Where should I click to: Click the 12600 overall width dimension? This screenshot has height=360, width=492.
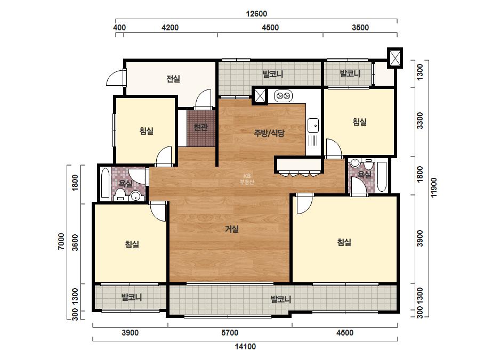256,14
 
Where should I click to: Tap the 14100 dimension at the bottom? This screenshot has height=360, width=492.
245,347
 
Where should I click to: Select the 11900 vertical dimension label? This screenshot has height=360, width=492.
434,187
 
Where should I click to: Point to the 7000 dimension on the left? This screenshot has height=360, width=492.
61,241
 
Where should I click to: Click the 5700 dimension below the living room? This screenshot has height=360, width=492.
230,333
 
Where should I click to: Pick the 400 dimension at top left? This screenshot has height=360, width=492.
119,28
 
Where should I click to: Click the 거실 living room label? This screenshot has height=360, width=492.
232,229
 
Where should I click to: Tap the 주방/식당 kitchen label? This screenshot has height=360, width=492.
269,133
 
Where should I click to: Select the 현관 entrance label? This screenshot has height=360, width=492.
200,127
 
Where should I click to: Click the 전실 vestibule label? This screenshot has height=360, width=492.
173,79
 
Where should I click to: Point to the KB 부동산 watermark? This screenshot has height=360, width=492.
247,179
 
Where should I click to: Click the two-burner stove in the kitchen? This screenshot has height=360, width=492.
284,96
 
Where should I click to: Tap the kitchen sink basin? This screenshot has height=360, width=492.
313,126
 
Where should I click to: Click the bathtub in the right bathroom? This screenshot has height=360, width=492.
382,177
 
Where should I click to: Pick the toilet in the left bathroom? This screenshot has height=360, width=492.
120,195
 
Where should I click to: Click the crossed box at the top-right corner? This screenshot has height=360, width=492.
395,58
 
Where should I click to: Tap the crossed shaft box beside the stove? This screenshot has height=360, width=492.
260,96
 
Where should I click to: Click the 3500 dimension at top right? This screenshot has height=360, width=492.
360,28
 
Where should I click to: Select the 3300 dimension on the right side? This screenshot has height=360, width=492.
420,120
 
